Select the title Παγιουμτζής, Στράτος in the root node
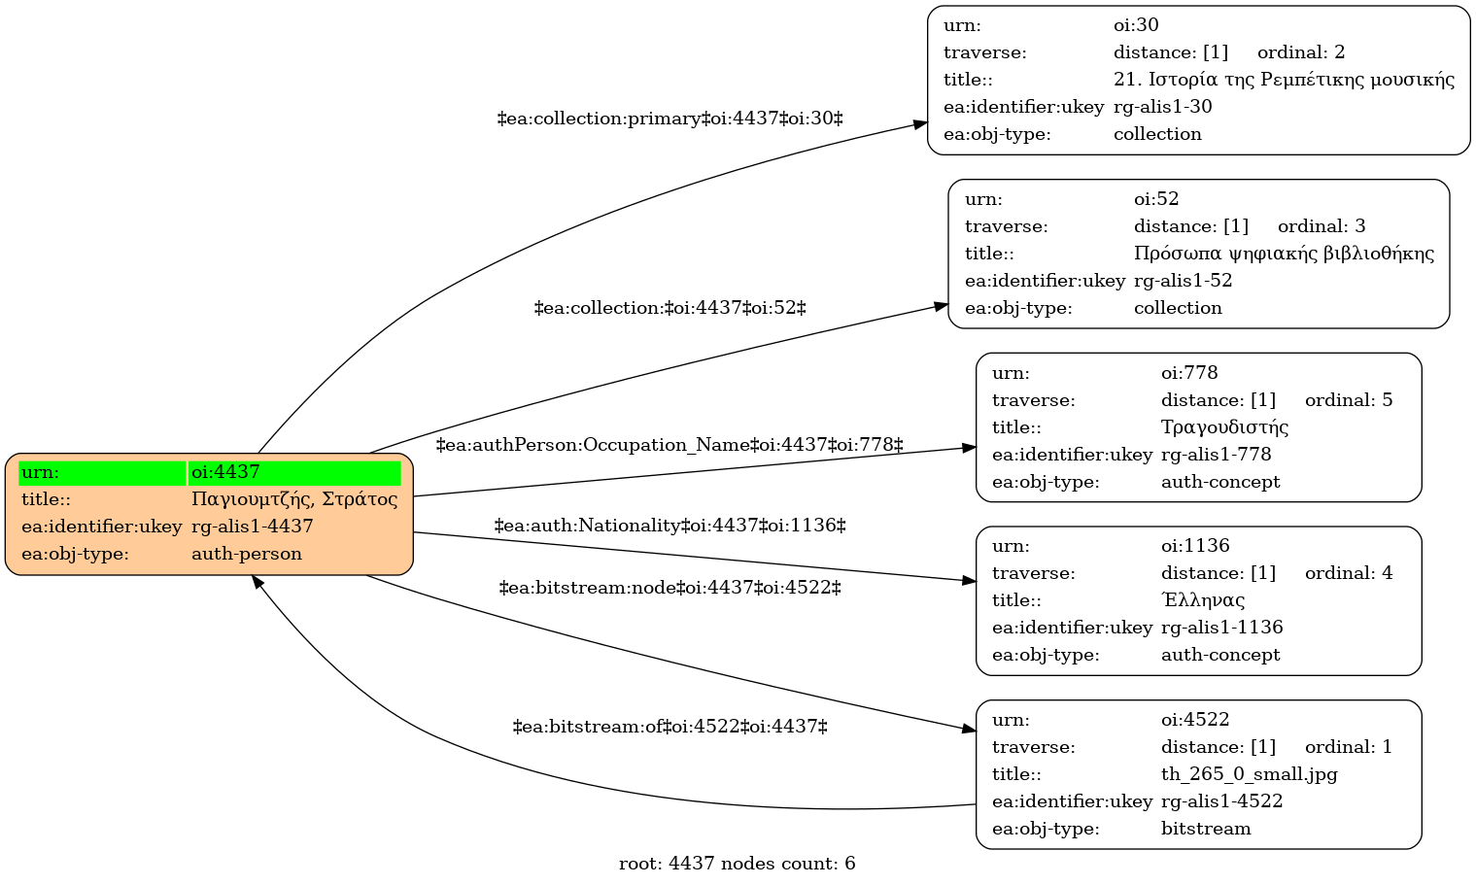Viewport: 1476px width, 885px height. point(294,499)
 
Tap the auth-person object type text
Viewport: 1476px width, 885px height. point(247,554)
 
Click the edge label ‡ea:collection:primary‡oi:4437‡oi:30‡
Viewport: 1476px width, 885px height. point(669,119)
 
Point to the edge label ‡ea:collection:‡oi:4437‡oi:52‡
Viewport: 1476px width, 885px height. point(669,308)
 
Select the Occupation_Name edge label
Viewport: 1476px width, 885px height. point(669,446)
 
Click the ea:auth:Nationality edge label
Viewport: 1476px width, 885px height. point(669,526)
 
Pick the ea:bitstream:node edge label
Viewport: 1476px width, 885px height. point(669,588)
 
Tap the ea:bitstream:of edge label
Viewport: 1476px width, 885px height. point(669,727)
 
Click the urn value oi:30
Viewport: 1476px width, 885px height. point(1136,25)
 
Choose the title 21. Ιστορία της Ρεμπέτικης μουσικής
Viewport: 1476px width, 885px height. point(1284,80)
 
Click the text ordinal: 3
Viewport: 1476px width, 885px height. point(1322,226)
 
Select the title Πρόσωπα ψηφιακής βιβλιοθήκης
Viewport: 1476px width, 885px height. point(1284,254)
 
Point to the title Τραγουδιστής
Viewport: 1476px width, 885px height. point(1224,427)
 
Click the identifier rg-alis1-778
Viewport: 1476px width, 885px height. point(1216,455)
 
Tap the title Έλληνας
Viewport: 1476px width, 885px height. point(1203,600)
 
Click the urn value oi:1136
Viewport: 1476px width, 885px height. point(1195,546)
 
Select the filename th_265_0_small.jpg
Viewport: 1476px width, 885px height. point(1250,774)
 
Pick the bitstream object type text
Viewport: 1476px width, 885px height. point(1206,829)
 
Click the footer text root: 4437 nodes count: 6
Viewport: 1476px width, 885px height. point(737,864)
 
